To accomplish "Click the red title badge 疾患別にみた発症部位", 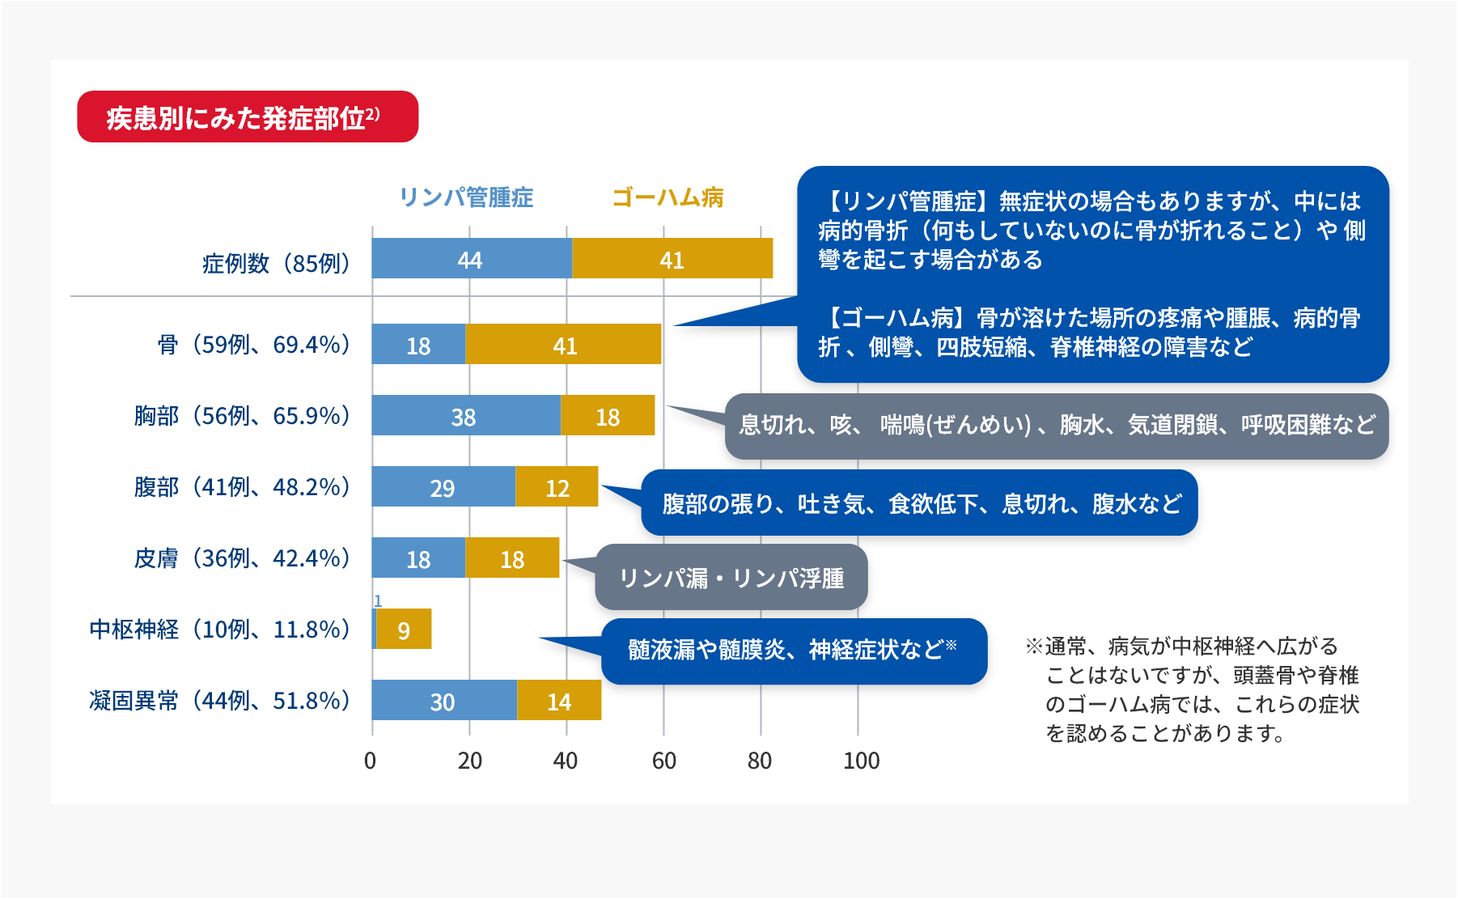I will [248, 117].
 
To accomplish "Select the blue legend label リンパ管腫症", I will [466, 197].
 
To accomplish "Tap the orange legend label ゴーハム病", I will [668, 197].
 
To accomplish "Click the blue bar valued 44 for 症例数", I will [472, 259].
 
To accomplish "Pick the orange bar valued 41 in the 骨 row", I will [564, 345].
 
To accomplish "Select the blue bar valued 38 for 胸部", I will [466, 416].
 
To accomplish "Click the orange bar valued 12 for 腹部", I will [557, 487].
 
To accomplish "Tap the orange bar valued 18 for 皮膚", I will [512, 558].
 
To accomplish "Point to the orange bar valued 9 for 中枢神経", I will [404, 630].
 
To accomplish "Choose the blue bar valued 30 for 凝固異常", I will [444, 701].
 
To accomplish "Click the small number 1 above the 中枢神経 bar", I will [378, 600].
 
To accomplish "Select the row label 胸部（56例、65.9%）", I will [242, 416].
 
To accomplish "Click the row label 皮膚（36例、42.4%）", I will [242, 558].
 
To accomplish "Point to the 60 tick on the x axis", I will [663, 761].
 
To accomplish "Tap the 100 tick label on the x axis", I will [861, 761].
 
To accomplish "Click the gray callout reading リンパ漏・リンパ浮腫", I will [731, 578].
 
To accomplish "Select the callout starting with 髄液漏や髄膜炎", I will [793, 651].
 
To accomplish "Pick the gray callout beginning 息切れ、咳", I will [1057, 426].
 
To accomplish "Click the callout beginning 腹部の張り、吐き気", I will [920, 503].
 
